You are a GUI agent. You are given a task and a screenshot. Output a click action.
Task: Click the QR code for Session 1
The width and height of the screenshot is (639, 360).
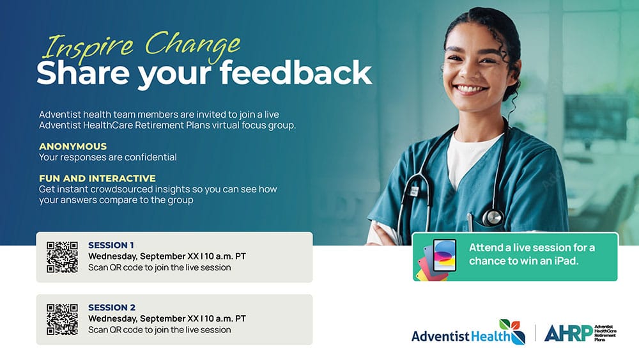[x=62, y=257]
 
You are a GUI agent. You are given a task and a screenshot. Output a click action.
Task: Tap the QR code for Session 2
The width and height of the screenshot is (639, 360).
[x=62, y=319]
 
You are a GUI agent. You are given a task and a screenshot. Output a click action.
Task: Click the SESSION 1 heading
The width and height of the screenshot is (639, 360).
[x=111, y=245]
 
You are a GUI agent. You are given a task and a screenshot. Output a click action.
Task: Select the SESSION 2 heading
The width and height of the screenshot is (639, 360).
[x=112, y=308]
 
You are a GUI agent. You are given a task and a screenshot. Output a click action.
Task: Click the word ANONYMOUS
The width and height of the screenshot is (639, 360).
[x=73, y=146]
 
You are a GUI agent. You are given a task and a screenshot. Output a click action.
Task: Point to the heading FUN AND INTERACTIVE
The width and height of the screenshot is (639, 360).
[x=97, y=178]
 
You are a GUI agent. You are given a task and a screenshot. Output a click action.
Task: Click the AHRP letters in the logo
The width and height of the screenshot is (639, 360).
[x=568, y=333]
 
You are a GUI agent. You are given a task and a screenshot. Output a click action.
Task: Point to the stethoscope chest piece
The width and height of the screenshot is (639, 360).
[x=492, y=217]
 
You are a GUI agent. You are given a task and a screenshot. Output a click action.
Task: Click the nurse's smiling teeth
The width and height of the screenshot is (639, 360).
[x=471, y=88]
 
